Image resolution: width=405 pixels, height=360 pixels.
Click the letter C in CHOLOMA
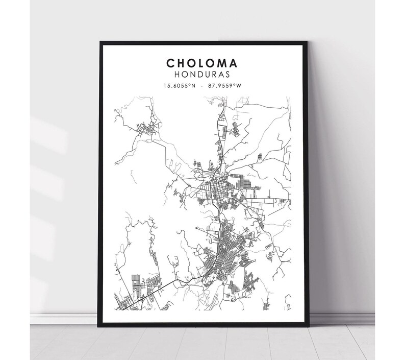click(170, 63)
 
